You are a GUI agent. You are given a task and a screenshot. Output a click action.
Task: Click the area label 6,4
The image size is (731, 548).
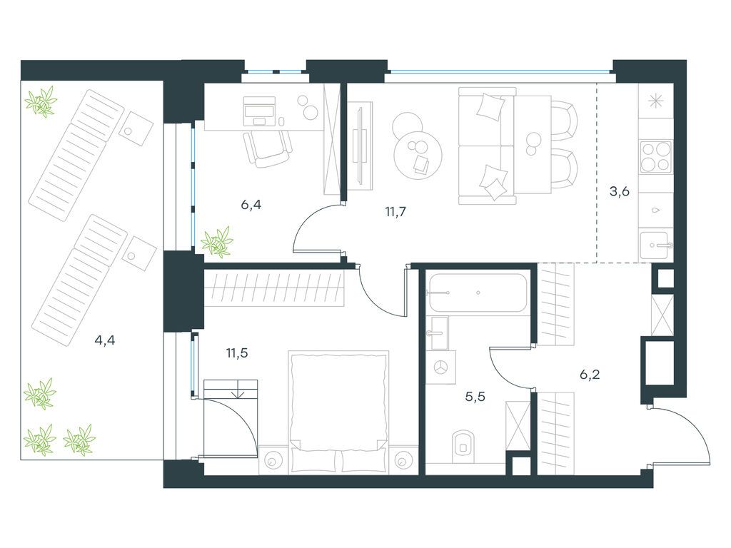(251, 205)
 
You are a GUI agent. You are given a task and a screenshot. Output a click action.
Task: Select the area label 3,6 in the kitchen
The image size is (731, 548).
(618, 191)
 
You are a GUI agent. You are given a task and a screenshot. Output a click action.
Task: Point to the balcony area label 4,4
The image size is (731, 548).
(105, 340)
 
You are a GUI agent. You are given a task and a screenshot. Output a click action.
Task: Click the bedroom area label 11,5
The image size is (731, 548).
(237, 352)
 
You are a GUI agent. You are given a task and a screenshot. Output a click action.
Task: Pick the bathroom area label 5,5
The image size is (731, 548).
(475, 397)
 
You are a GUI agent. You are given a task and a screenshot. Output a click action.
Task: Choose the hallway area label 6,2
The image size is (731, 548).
(590, 374)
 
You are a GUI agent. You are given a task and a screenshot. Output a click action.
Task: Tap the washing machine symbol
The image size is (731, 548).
(441, 367)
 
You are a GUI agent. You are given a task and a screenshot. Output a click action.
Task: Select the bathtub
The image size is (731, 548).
(478, 293)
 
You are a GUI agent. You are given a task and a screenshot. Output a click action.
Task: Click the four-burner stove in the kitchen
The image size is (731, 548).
(655, 157)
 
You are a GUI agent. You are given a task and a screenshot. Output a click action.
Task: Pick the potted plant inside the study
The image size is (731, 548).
(216, 242)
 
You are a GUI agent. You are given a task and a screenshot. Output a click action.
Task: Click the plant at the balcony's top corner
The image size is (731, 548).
(41, 101)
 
